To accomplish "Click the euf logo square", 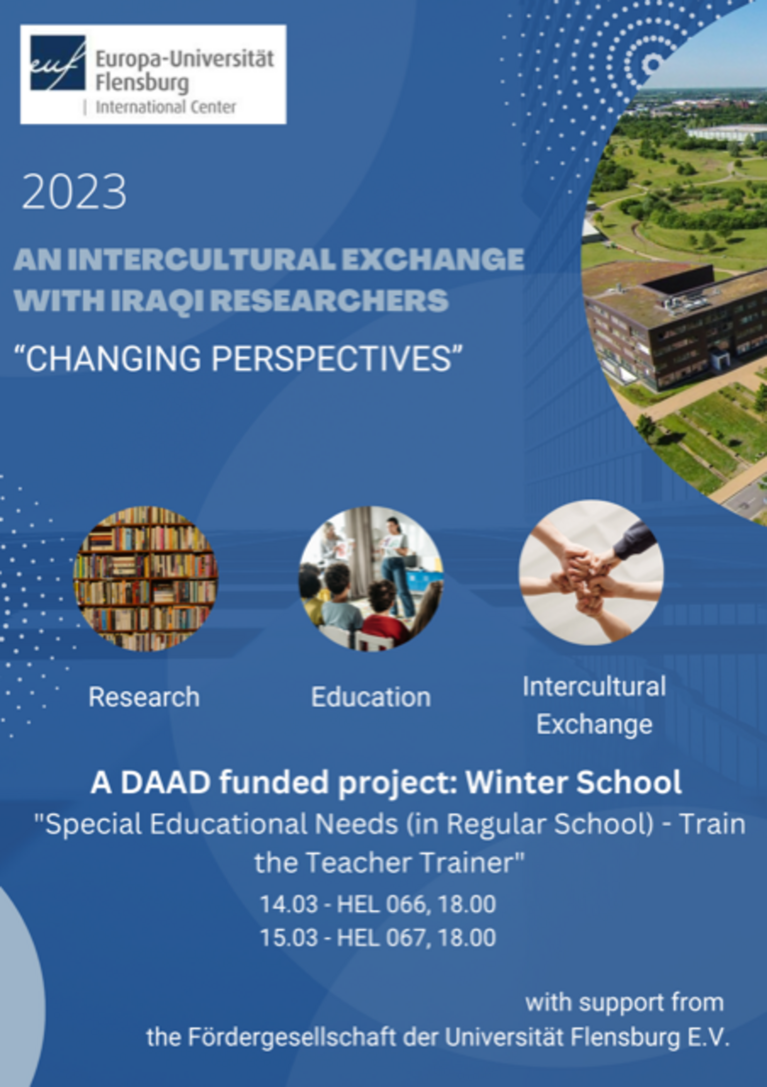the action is pyautogui.click(x=58, y=63).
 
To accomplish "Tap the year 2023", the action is pyautogui.click(x=74, y=192).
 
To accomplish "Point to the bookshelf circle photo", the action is pyautogui.click(x=145, y=578).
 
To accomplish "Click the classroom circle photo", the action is pyautogui.click(x=371, y=578).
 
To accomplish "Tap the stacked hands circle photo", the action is pyautogui.click(x=591, y=573).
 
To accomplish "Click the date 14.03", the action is pyautogui.click(x=289, y=904).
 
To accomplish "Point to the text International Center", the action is pyautogui.click(x=166, y=107).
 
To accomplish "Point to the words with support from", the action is pyautogui.click(x=624, y=1002).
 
